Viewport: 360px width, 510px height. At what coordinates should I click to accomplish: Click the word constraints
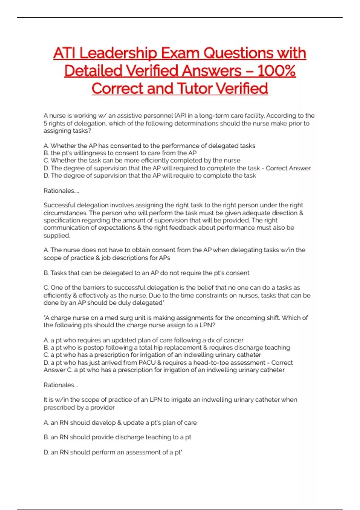pos(225,295)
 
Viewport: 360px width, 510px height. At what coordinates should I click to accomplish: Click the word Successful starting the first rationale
pos(59,205)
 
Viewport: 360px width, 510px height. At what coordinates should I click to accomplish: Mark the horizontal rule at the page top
pos(180,17)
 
